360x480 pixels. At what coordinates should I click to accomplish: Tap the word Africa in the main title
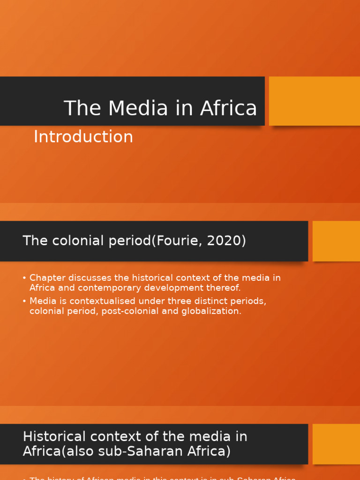(x=229, y=108)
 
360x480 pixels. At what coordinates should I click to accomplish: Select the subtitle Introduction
(x=83, y=137)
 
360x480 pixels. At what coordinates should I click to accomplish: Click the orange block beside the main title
(x=314, y=101)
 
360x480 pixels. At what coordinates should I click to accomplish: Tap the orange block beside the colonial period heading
(x=336, y=241)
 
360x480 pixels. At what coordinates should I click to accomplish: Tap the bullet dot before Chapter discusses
(x=24, y=278)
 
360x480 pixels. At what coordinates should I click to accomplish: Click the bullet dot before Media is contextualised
(x=24, y=301)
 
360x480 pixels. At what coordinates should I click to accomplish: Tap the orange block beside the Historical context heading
(x=336, y=444)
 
